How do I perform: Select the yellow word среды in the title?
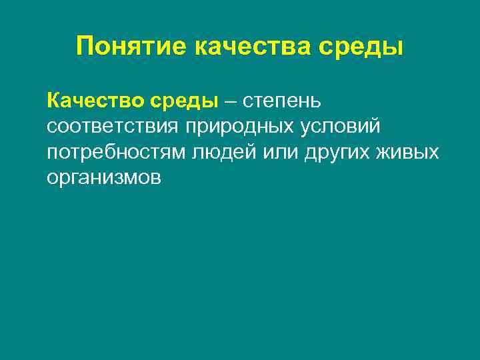click(366, 47)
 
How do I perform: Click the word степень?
click(283, 102)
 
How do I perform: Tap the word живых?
click(409, 152)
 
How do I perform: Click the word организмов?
click(104, 177)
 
